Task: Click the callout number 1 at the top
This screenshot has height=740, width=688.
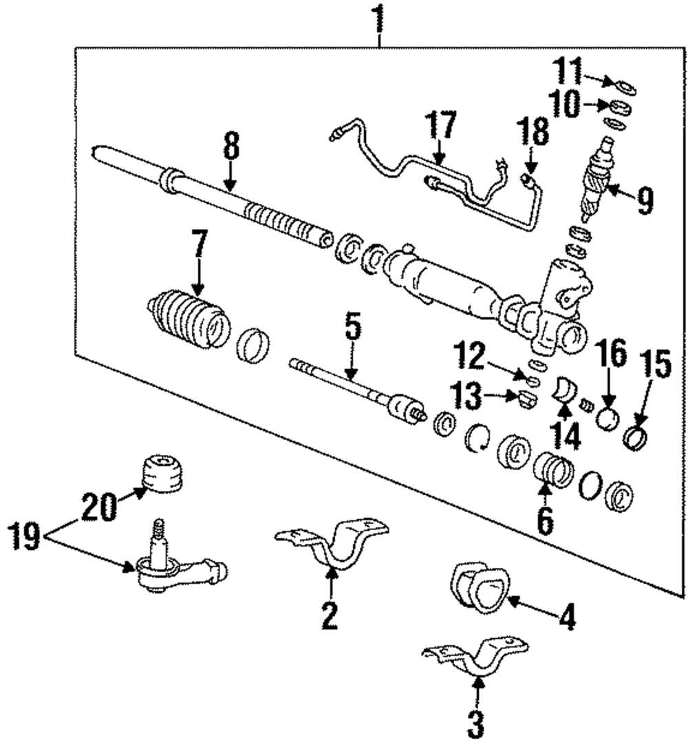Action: tap(378, 16)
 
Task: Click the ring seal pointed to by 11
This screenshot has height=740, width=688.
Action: tap(625, 88)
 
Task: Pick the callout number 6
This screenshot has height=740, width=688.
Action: tap(544, 521)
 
